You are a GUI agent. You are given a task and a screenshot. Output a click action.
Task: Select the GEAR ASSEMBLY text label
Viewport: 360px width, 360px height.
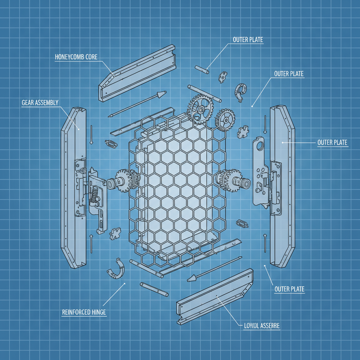click(40, 102)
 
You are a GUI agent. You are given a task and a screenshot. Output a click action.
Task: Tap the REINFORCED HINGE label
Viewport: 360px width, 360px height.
click(84, 312)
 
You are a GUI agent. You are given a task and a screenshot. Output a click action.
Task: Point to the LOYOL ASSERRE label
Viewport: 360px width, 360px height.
click(262, 326)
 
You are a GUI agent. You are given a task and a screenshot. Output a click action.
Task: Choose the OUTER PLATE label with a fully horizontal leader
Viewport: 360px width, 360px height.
click(332, 142)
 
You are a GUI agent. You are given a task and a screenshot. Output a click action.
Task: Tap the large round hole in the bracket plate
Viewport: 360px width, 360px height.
click(261, 145)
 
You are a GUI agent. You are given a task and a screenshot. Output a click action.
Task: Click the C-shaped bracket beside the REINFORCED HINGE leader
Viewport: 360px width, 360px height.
click(116, 269)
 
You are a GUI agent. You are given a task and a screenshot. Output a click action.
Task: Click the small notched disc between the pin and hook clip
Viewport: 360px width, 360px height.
click(223, 76)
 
